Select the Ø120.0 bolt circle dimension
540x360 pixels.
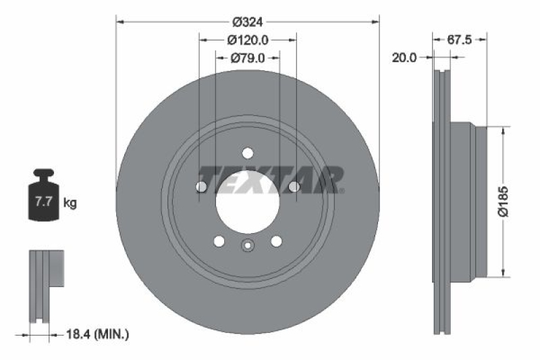tap(247, 40)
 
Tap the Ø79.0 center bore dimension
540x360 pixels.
tap(247, 58)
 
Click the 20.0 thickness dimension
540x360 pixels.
tap(404, 58)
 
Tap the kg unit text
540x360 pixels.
tap(70, 201)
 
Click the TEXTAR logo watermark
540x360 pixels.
tap(271, 179)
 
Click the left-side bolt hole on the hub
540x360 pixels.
tap(200, 186)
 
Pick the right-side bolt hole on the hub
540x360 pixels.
tap(294, 186)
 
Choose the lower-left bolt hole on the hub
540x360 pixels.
tap(218, 240)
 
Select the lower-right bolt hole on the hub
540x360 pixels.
tap(276, 240)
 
